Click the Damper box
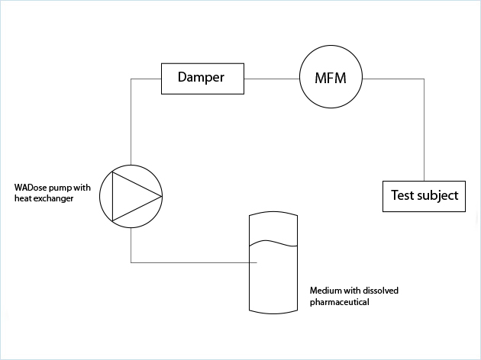coord(202,78)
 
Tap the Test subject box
coord(424,195)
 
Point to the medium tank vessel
coord(273,282)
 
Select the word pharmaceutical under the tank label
coord(339,302)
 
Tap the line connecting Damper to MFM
coord(270,78)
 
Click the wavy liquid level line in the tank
coord(273,243)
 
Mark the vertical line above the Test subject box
coord(424,130)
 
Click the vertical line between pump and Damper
coord(131,122)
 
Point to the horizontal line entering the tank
coord(191,262)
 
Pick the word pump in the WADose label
coord(60,188)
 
